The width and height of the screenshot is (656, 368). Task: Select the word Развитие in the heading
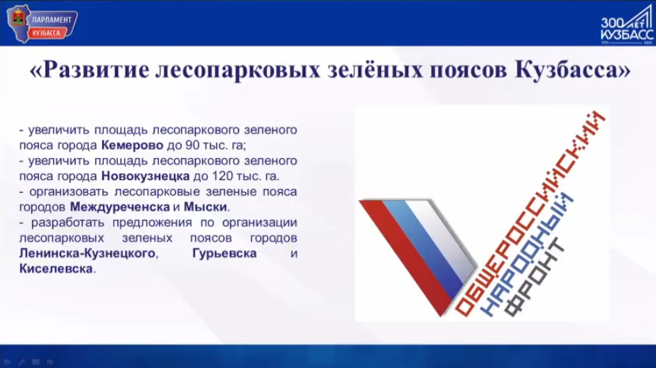click(96, 69)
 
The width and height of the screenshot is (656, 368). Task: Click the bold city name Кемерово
click(132, 145)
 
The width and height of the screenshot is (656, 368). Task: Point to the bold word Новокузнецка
click(146, 177)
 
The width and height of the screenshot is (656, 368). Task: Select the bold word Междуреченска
click(120, 207)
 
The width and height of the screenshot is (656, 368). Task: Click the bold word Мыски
click(205, 207)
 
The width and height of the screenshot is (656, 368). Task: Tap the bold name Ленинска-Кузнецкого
click(87, 254)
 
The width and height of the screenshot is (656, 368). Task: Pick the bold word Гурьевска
click(224, 254)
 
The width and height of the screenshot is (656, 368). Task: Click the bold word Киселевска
click(56, 269)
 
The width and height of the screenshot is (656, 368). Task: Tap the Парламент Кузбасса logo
click(41, 23)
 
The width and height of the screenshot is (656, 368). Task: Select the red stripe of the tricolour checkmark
click(406, 257)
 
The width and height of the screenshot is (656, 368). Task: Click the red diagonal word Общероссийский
click(529, 213)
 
